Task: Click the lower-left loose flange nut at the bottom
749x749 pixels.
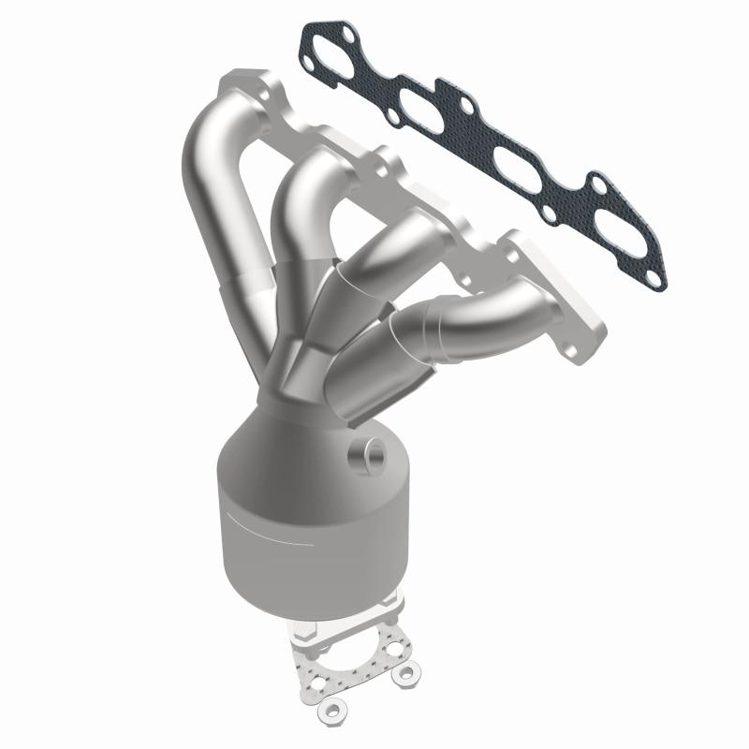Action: click(x=330, y=712)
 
